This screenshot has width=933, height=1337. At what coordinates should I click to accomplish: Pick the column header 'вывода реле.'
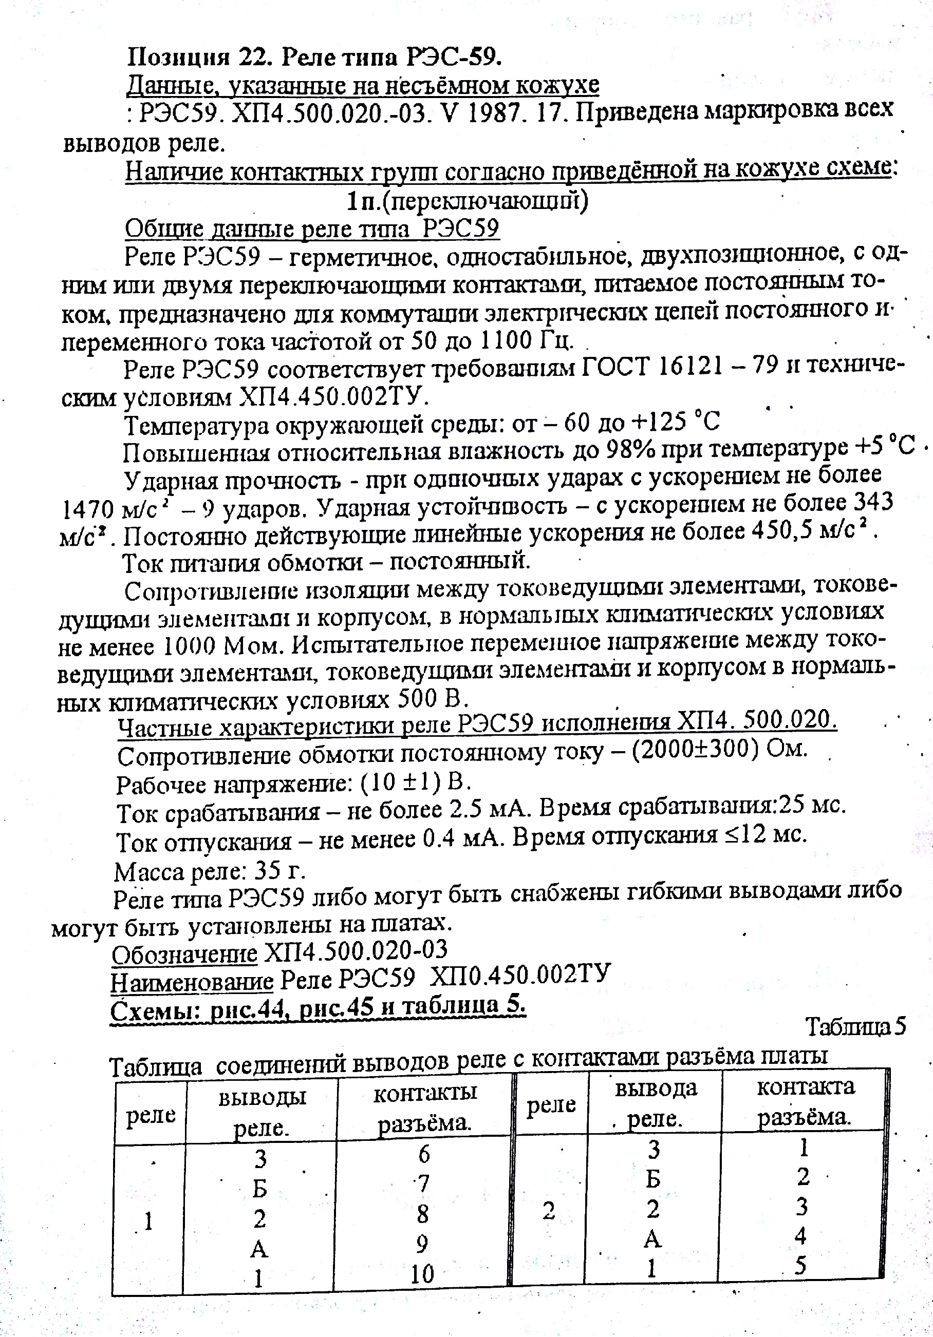655,1103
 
